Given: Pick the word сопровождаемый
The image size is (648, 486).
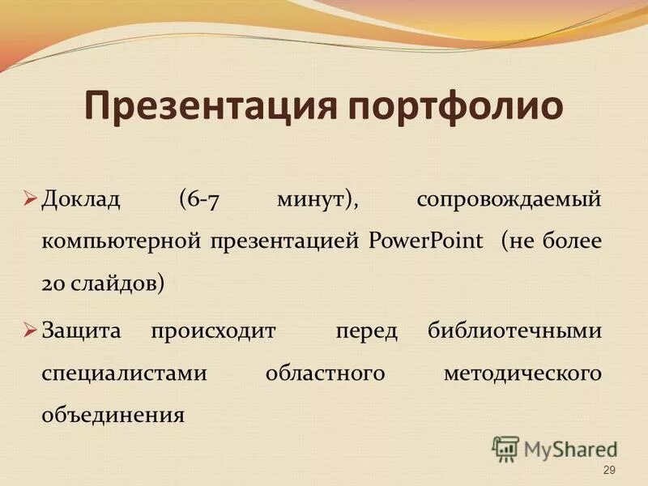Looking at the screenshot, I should coord(509,199).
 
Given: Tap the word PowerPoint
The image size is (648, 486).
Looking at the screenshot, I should coord(426,241).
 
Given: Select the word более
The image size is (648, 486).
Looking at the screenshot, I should coord(572,241).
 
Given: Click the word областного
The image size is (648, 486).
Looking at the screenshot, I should coord(324,373).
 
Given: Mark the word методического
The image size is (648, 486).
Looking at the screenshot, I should coord(522,373).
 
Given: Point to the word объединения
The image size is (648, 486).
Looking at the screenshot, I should coord(113,416).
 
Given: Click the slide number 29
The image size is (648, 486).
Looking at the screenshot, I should coord(610,471).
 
